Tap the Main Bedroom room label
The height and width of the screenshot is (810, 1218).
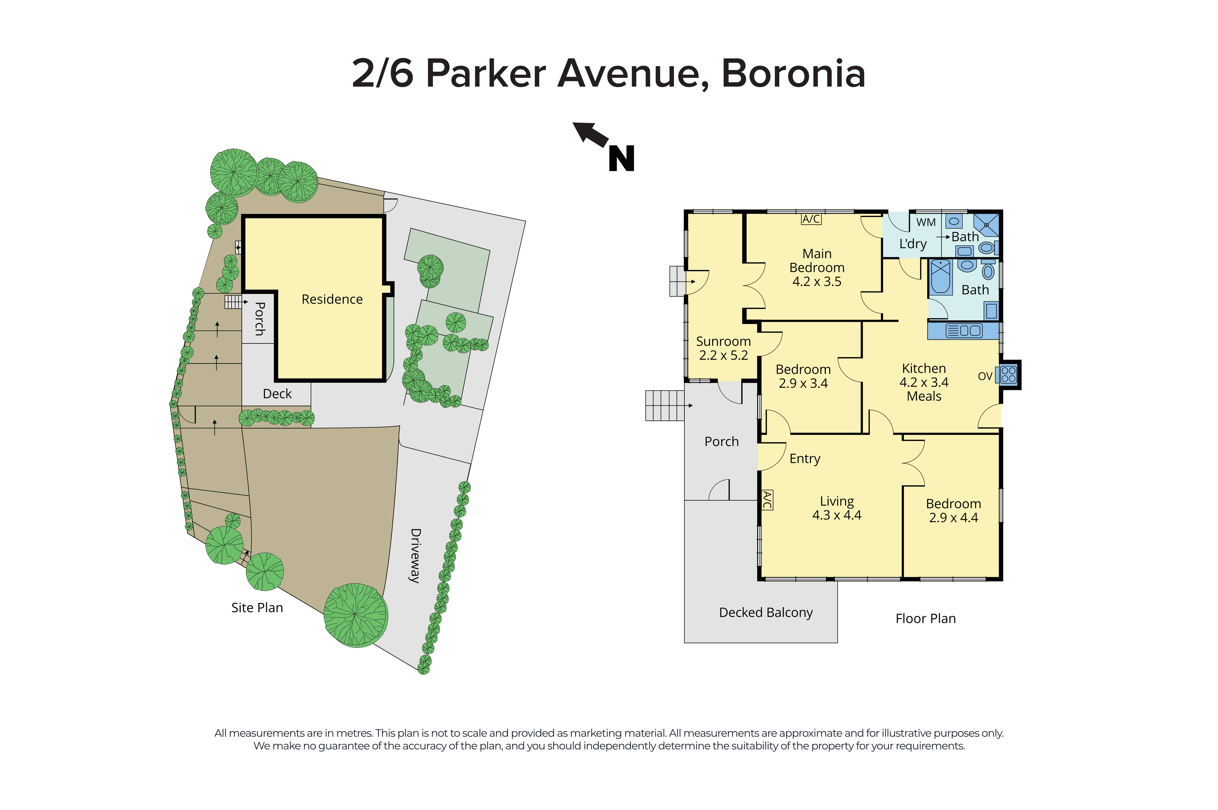[817, 267]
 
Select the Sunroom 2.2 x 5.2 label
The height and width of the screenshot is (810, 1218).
[723, 348]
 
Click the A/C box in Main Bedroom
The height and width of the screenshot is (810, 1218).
[810, 219]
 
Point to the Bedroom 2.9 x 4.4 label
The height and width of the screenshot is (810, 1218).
[953, 510]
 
